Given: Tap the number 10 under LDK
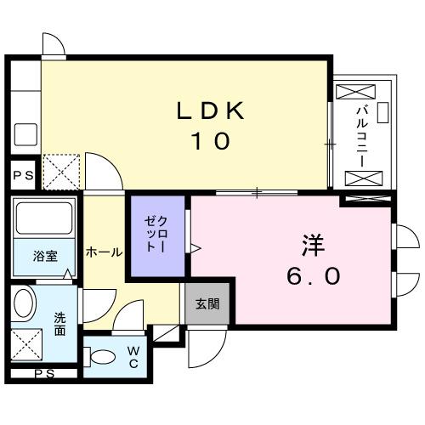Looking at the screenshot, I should pyautogui.click(x=210, y=141).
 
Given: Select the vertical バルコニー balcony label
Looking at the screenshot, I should pyautogui.click(x=360, y=133).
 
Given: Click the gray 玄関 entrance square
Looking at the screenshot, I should pyautogui.click(x=207, y=303).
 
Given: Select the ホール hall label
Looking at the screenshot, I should pyautogui.click(x=104, y=252).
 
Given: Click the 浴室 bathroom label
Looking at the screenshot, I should pyautogui.click(x=44, y=255).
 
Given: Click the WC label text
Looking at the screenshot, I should pyautogui.click(x=133, y=355).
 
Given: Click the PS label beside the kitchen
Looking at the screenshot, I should pyautogui.click(x=21, y=175).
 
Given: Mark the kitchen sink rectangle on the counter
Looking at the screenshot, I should pyautogui.click(x=25, y=133).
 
